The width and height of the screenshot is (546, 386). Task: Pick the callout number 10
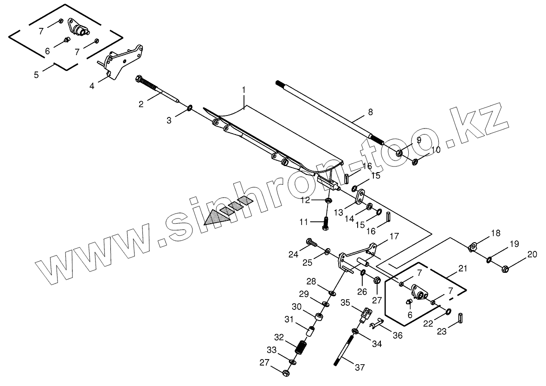[x=436, y=150]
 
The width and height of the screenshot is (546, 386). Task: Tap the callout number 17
[x=394, y=236]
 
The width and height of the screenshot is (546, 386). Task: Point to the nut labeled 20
[x=506, y=268]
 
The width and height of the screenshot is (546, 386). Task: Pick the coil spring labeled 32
[x=302, y=346]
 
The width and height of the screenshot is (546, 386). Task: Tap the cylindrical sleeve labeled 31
[x=311, y=333]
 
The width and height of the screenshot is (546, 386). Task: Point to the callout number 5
[x=38, y=74]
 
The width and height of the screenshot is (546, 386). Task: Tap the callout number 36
[x=398, y=335]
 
